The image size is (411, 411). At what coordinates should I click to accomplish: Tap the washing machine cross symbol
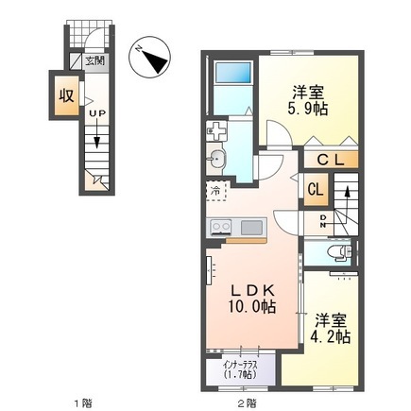(216, 128)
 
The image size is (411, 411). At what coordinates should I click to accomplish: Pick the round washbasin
(216, 158)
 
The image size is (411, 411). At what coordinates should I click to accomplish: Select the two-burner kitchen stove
(221, 227)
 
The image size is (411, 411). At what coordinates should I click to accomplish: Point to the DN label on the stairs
(324, 220)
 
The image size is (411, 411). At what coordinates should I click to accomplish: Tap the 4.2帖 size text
(333, 336)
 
